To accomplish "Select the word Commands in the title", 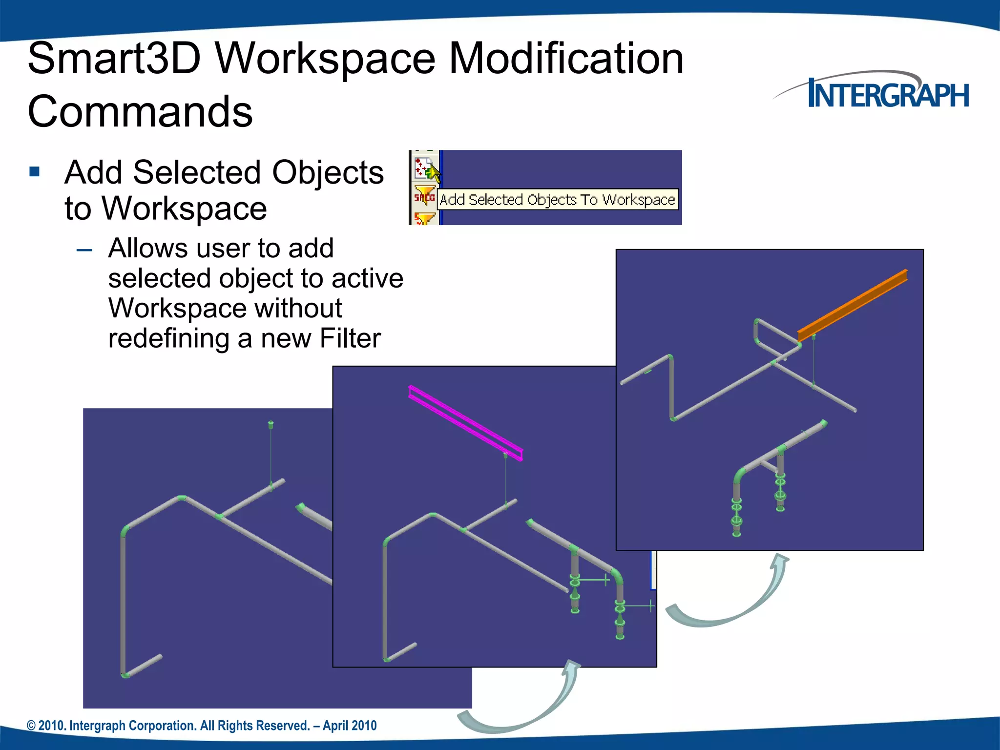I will click(140, 111).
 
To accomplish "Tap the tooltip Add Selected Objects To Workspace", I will click(557, 200).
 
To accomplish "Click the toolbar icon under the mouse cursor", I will click(424, 167).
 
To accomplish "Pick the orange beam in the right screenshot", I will click(853, 305).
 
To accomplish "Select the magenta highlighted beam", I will click(465, 423).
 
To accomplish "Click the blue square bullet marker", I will click(34, 171).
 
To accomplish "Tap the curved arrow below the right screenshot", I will click(732, 601).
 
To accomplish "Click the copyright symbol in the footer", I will click(31, 726).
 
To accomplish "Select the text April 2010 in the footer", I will click(350, 726).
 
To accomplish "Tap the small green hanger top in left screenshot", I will click(271, 424).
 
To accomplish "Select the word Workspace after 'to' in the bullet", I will click(184, 208).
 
